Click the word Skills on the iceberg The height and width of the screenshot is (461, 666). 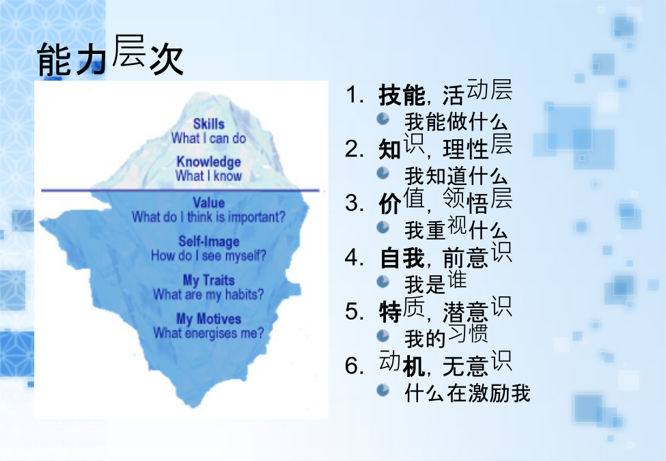(x=208, y=124)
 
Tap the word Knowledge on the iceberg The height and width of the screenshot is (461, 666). (x=208, y=162)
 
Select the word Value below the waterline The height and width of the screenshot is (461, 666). (x=208, y=202)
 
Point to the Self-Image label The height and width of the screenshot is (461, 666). (x=208, y=242)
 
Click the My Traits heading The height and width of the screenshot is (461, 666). (x=208, y=280)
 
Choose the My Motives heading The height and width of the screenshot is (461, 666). (x=208, y=319)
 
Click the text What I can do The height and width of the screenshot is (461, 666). (x=208, y=138)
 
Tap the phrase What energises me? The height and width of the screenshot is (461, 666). (x=208, y=333)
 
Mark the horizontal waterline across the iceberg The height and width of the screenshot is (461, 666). (x=180, y=191)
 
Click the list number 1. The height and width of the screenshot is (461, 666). (x=355, y=95)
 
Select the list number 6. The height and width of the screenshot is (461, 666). (x=355, y=365)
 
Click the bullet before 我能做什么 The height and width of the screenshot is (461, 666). (x=383, y=118)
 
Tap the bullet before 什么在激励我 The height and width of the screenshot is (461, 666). (x=383, y=390)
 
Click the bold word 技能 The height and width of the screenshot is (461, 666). (x=402, y=95)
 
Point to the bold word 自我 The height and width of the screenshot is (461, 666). (x=402, y=257)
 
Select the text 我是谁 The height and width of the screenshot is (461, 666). (x=436, y=282)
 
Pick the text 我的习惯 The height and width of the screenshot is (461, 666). (x=446, y=336)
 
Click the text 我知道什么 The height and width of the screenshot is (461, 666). (x=456, y=176)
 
